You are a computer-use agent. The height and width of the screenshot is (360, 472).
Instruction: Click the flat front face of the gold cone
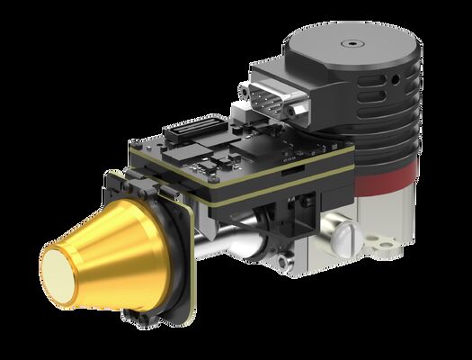(x=64, y=269)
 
